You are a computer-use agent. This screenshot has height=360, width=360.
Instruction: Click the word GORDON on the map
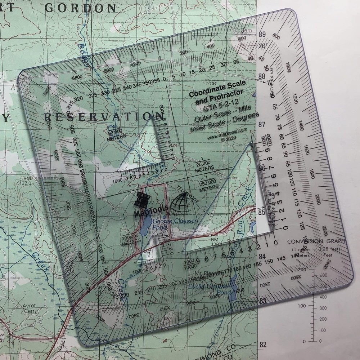tap(85, 8)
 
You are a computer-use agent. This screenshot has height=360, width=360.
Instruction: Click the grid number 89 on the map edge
tap(262, 34)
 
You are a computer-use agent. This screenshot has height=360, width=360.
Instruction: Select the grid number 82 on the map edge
tap(263, 345)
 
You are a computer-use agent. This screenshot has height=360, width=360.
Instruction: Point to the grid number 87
tap(261, 125)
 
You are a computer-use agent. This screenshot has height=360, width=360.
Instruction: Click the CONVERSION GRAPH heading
tap(315, 241)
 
